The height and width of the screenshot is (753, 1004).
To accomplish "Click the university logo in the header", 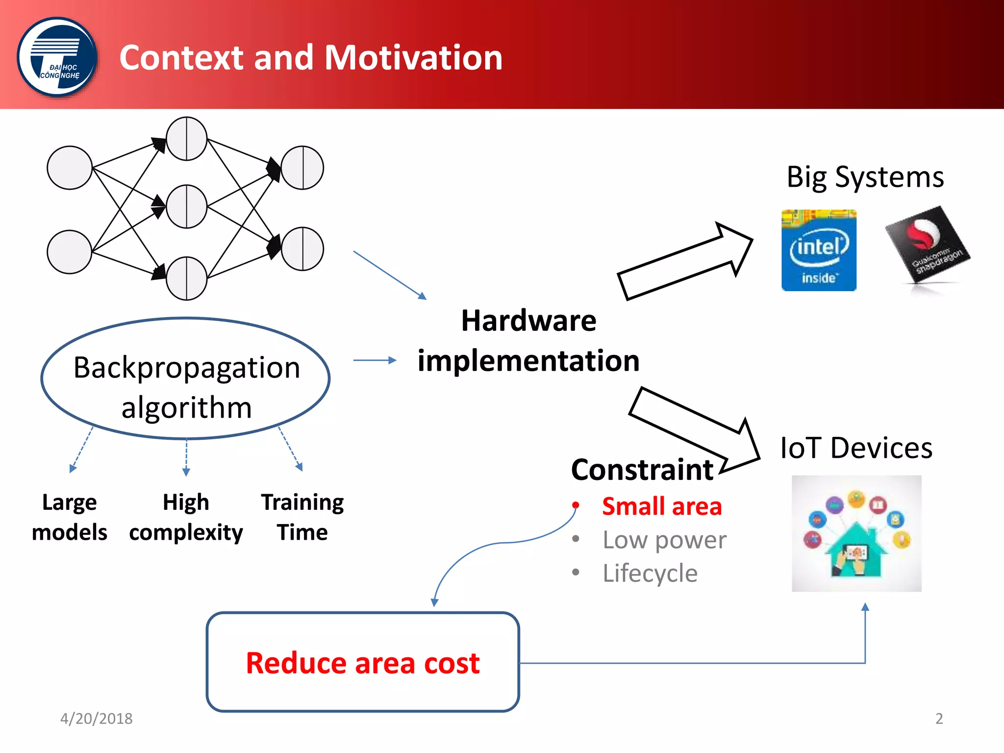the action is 57,57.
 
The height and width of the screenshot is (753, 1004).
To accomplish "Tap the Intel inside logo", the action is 819,251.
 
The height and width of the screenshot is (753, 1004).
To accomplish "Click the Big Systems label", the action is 865,177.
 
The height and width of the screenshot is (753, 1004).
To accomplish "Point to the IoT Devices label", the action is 856,448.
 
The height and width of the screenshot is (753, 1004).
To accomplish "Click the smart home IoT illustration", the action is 856,533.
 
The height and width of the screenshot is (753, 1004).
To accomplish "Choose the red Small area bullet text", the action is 662,506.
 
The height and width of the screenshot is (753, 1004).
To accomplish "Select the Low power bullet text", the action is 664,540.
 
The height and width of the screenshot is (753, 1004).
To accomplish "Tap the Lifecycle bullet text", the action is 650,573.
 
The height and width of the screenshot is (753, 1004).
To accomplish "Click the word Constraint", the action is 642,470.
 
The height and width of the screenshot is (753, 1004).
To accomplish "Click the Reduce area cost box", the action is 363,662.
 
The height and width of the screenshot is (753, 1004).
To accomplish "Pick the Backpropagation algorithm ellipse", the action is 186,378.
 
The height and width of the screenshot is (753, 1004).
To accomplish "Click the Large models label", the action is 70,517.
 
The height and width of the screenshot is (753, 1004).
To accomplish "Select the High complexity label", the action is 186,517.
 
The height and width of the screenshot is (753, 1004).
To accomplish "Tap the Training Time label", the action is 302,517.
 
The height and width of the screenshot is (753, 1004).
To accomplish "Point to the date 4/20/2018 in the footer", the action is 96,719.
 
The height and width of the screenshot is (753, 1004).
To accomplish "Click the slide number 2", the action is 939,719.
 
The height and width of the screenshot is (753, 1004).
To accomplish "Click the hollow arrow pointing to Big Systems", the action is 686,260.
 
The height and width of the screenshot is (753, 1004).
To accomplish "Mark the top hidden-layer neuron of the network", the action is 187,139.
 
